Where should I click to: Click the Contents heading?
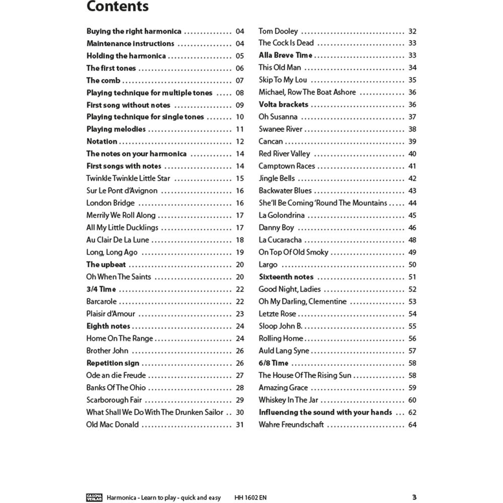pyautogui.click(x=117, y=7)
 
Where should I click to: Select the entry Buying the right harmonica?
pyautogui.click(x=134, y=31)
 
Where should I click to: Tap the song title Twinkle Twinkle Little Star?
pyautogui.click(x=128, y=179)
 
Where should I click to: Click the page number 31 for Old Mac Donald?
pyautogui.click(x=239, y=425)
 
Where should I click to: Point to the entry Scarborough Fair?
pyautogui.click(x=114, y=400)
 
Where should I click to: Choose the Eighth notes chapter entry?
pyautogui.click(x=108, y=326)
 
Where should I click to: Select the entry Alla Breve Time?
pyautogui.click(x=285, y=55)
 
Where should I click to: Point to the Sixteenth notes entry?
pyautogui.click(x=286, y=277)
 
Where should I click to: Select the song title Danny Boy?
pyautogui.click(x=276, y=228)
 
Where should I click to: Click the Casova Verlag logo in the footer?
pyautogui.click(x=95, y=497)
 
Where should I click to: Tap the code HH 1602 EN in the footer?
pyautogui.click(x=251, y=498)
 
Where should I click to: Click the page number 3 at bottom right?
pyautogui.click(x=414, y=497)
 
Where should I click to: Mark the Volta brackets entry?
pyautogui.click(x=283, y=105)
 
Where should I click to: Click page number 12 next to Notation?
pyautogui.click(x=239, y=142)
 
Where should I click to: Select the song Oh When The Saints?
pyautogui.click(x=118, y=277)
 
